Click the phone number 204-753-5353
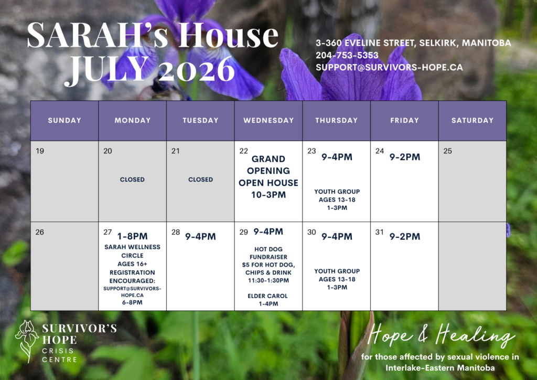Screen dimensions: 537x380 click(347, 55)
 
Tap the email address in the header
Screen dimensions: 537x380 click(389, 67)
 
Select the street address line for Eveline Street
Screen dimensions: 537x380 click(413, 43)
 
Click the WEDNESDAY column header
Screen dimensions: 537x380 click(268, 120)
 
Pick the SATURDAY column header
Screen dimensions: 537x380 click(472, 120)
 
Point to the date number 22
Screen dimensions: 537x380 click(243, 151)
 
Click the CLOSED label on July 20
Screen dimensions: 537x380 click(132, 180)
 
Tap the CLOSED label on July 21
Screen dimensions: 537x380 click(200, 180)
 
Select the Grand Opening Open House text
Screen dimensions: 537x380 click(268, 177)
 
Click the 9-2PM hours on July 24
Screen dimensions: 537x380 click(405, 157)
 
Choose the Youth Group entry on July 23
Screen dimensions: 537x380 click(337, 199)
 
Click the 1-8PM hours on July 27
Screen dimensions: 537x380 click(132, 236)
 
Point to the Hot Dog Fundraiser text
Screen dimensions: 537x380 click(268, 265)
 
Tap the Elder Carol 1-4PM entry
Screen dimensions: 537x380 click(268, 300)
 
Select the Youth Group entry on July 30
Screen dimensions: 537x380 click(337, 279)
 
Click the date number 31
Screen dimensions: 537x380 click(379, 233)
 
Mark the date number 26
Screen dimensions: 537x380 click(40, 233)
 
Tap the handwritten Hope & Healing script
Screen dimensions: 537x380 click(441, 335)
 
